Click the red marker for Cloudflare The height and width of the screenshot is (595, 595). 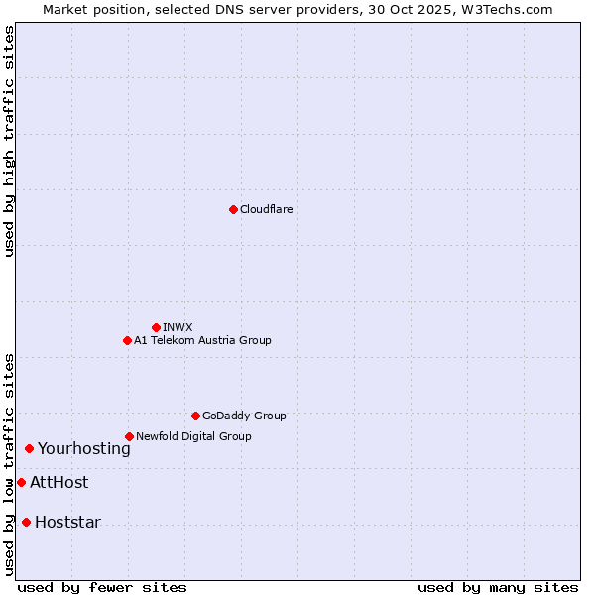coord(233,209)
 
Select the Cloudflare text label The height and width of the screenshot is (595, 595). coord(267,209)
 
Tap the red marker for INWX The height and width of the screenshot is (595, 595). coord(156,327)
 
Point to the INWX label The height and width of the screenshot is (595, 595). coord(178,327)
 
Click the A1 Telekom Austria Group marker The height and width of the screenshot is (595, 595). coord(127,340)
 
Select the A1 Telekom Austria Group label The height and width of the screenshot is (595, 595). coord(202,340)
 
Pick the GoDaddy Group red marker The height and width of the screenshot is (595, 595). coord(195,416)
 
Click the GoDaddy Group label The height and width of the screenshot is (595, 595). coord(244,416)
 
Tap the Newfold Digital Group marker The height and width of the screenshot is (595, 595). coord(129,436)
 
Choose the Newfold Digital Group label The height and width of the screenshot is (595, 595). coord(193,436)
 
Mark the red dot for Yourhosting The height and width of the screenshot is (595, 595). coord(29,448)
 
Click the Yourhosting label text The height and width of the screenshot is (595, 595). coord(84,449)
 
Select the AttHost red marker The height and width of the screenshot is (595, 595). coord(21,482)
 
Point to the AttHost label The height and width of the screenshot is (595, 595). coord(59,483)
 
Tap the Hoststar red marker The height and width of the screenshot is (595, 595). coord(26,522)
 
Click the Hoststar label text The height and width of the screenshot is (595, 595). coord(67,523)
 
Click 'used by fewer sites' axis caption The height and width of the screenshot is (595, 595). coord(102,587)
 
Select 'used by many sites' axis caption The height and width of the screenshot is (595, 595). coord(498,587)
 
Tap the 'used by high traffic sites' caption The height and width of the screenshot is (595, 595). coord(9,141)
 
